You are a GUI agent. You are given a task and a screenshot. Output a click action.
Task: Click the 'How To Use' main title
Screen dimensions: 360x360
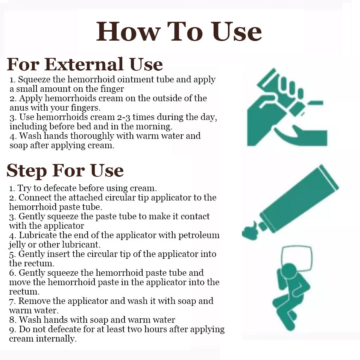tap(179, 32)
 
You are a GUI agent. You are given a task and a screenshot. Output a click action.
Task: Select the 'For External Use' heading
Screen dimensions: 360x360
tap(85, 64)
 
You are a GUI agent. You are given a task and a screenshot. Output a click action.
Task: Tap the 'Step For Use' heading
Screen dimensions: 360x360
tap(65, 170)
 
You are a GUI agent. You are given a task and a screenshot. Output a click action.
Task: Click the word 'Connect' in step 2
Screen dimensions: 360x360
tap(35, 197)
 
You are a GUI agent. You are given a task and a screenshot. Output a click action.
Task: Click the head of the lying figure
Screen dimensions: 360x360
tap(289, 271)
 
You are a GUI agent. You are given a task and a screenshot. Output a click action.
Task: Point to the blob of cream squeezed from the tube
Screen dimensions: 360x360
tap(250, 231)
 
